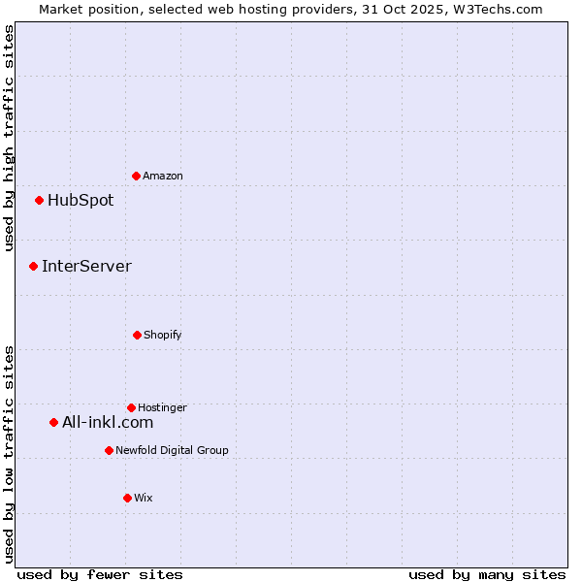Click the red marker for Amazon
(x=136, y=176)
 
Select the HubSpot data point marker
(x=39, y=201)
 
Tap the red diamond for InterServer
(x=33, y=266)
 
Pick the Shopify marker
(x=137, y=335)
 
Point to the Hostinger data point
(x=131, y=407)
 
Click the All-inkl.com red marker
(x=53, y=422)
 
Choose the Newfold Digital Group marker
(x=109, y=450)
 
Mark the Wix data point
(x=127, y=498)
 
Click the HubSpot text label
(x=81, y=201)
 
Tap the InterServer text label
(x=86, y=266)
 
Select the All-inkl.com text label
(x=108, y=422)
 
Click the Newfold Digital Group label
(x=172, y=450)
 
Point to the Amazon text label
(x=163, y=176)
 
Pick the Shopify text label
(x=163, y=335)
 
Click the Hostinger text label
(x=162, y=407)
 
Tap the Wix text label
(x=144, y=498)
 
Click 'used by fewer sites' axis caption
(x=100, y=575)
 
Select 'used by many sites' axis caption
(x=487, y=575)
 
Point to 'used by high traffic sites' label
(x=9, y=138)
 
